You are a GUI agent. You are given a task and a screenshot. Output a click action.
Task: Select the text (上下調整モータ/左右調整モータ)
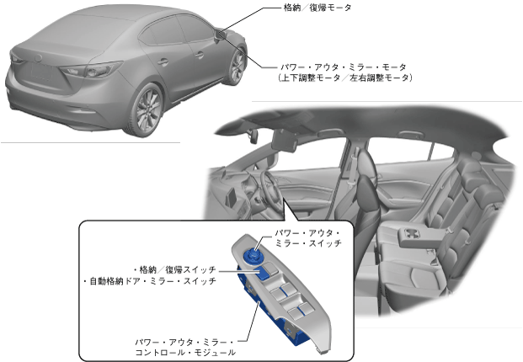[345, 77]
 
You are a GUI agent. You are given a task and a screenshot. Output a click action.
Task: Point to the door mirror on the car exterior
[221, 34]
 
